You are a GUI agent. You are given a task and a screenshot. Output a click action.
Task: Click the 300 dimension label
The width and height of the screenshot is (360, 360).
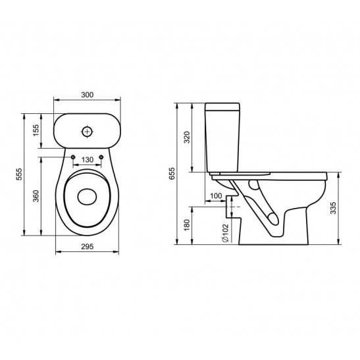pyautogui.click(x=88, y=95)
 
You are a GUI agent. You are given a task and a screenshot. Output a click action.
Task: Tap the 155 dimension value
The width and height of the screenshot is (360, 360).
pyautogui.click(x=36, y=130)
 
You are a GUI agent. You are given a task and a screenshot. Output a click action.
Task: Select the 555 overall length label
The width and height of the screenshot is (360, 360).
pyautogui.click(x=19, y=174)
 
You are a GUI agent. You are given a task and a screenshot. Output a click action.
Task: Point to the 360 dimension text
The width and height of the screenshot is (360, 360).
pyautogui.click(x=36, y=196)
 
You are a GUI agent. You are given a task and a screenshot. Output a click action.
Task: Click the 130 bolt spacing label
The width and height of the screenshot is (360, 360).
pyautogui.click(x=88, y=159)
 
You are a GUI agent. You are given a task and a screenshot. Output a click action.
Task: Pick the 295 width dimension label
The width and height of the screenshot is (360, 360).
pyautogui.click(x=88, y=246)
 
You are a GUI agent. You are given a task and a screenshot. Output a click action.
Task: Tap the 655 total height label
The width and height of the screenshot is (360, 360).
pyautogui.click(x=172, y=174)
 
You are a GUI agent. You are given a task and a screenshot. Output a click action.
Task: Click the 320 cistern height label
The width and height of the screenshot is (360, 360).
pyautogui.click(x=188, y=138)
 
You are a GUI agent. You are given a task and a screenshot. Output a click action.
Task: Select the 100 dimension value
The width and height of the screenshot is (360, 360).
pyautogui.click(x=216, y=196)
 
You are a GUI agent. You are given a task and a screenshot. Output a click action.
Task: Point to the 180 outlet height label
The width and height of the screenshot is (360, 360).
pyautogui.click(x=188, y=225)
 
